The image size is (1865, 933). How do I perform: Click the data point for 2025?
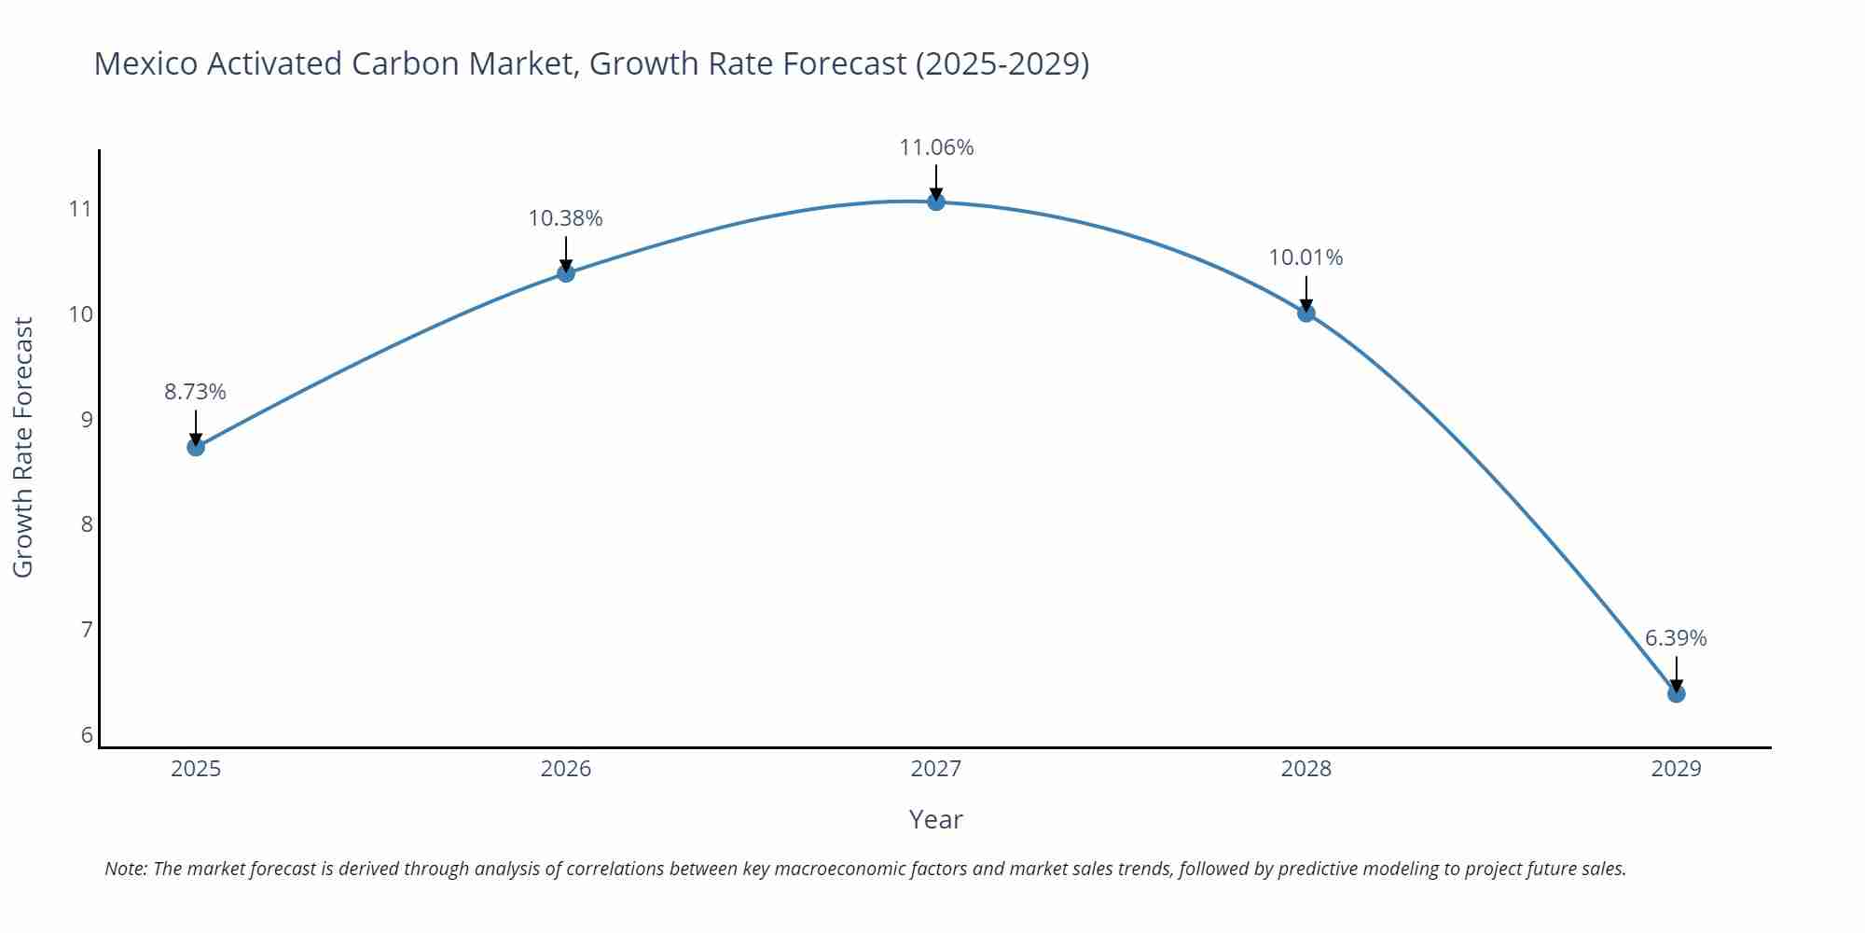point(196,447)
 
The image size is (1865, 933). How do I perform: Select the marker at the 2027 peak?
point(936,202)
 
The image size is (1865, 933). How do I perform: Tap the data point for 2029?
point(1676,693)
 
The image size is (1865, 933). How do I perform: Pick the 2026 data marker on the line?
point(566,273)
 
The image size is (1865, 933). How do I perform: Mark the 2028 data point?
point(1305,313)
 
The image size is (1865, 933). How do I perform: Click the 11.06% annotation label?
point(936,147)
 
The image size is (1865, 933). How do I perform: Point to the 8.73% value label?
point(196,392)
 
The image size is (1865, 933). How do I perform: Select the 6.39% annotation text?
point(1676,638)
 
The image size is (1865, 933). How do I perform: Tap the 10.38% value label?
point(566,218)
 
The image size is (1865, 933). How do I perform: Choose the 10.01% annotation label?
point(1305,258)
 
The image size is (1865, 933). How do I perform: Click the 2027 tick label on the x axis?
point(936,769)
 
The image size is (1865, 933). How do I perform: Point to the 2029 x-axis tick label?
point(1676,769)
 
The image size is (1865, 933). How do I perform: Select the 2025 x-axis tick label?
point(196,769)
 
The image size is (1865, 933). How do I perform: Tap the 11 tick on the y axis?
point(81,208)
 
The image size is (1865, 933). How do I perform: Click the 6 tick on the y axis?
point(87,734)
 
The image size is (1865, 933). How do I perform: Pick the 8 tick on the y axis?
point(87,523)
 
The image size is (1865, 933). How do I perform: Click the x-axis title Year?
point(936,819)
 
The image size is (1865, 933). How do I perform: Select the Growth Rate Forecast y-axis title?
point(23,448)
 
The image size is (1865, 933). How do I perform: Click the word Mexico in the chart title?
point(145,63)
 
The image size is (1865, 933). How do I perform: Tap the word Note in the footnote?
point(125,869)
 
